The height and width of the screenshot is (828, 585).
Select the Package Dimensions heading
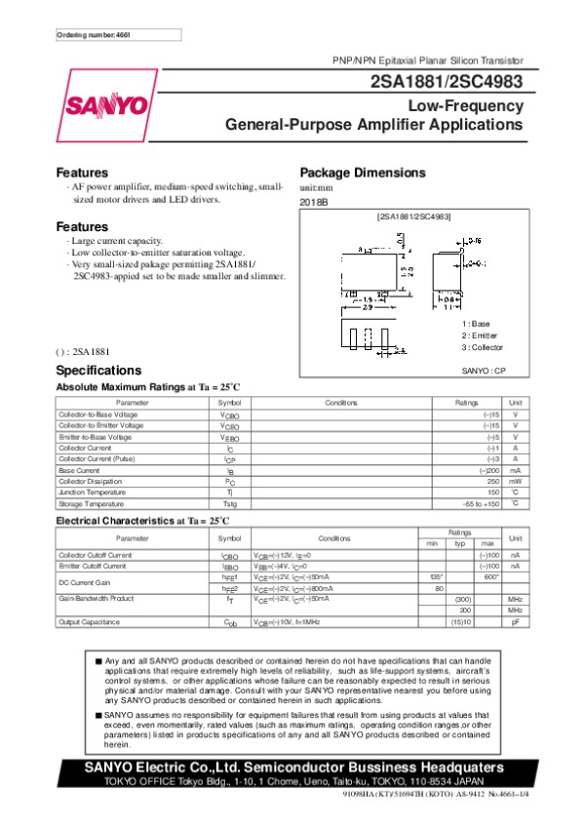coord(363,173)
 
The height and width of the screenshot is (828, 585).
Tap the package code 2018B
coord(314,201)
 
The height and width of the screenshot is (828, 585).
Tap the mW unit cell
coord(514,481)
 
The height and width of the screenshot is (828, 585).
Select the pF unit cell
coord(515,621)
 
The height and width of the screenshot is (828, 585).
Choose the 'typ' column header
coord(463,542)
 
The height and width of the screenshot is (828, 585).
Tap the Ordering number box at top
coord(118,35)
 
